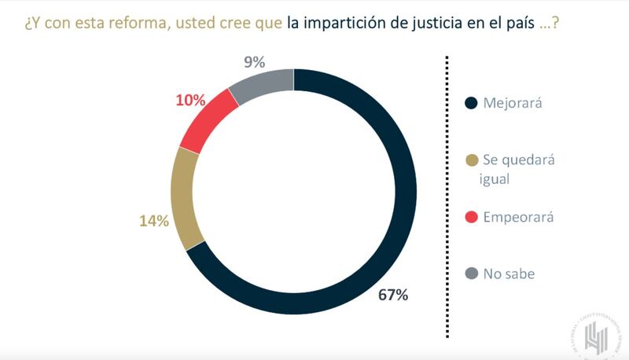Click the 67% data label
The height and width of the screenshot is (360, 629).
tap(392, 296)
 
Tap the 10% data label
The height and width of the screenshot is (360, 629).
tap(190, 100)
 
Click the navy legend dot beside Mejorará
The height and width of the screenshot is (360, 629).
tap(472, 103)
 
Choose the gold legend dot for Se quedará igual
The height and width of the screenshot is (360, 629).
tap(472, 161)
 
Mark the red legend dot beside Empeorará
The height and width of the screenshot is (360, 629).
tap(472, 217)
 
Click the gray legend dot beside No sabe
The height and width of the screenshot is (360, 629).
tap(472, 274)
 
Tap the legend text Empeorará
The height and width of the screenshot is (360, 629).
tap(518, 217)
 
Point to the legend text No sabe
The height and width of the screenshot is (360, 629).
tap(509, 274)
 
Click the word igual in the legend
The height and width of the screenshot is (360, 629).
tap(497, 178)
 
